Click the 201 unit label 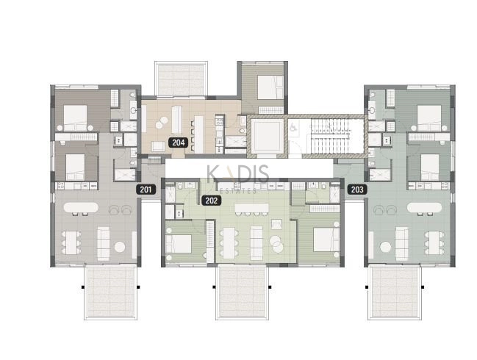pyautogui.click(x=146, y=190)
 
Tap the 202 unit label pyautogui.click(x=212, y=201)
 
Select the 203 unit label pyautogui.click(x=357, y=190)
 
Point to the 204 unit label pyautogui.click(x=179, y=143)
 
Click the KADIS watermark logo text pyautogui.click(x=238, y=174)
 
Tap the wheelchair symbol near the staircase pyautogui.click(x=293, y=126)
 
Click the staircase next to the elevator pyautogui.click(x=331, y=136)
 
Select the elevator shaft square pyautogui.click(x=267, y=136)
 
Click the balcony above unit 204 pyautogui.click(x=182, y=79)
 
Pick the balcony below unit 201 pyautogui.click(x=110, y=292)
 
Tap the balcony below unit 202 pyautogui.click(x=242, y=292)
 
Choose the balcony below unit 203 pyautogui.click(x=395, y=292)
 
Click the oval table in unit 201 pyautogui.click(x=81, y=207)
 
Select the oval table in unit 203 pyautogui.click(x=424, y=207)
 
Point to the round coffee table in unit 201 pyautogui.click(x=120, y=247)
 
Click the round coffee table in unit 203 pyautogui.click(x=385, y=247)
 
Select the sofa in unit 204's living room pyautogui.click(x=176, y=120)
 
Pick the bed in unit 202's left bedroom pyautogui.click(x=179, y=244)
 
